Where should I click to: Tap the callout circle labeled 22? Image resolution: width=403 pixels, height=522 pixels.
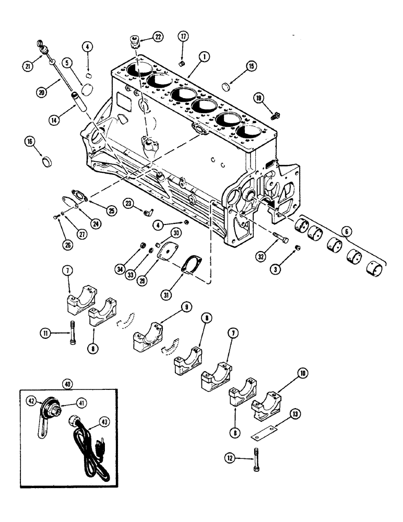(157, 36)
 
